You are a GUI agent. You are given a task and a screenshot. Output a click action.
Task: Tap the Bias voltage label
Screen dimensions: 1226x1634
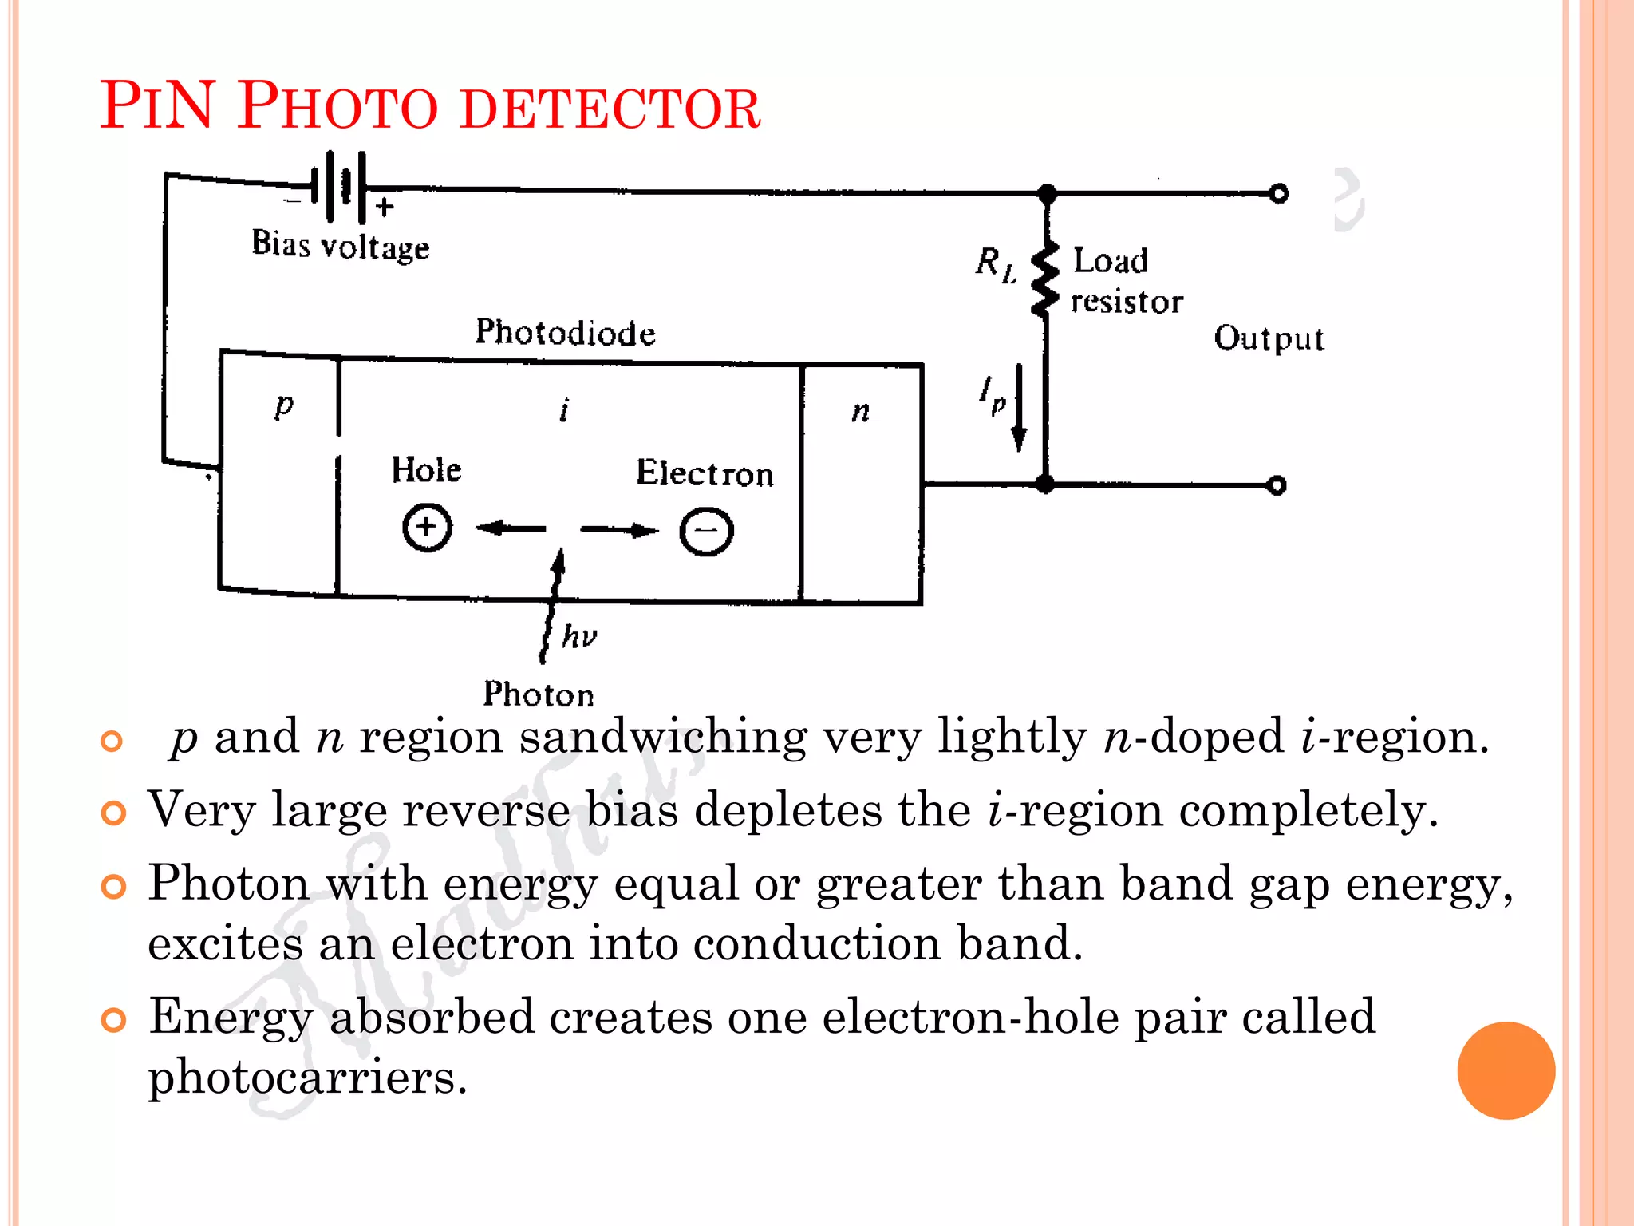(x=341, y=246)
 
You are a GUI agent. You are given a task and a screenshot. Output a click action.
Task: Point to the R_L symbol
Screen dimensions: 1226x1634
(x=996, y=263)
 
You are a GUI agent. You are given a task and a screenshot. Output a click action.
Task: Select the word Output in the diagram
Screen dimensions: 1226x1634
(x=1269, y=338)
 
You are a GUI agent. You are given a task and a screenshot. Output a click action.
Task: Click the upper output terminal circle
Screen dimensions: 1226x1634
(x=1278, y=194)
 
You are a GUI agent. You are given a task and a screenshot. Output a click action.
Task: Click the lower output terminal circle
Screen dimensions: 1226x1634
(x=1277, y=485)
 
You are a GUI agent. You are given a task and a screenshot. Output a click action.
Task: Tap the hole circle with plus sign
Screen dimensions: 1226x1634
(x=427, y=528)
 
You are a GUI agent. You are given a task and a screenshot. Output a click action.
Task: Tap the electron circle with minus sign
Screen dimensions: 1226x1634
(x=706, y=531)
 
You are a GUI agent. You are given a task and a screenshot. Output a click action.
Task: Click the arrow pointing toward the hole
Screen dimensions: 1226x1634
(x=510, y=528)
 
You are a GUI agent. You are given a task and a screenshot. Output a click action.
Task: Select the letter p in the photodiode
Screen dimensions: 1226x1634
(x=284, y=405)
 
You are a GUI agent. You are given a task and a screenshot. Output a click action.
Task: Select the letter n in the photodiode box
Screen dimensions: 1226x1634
(x=860, y=412)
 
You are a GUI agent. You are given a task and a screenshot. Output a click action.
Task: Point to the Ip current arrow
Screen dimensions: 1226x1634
(x=1019, y=407)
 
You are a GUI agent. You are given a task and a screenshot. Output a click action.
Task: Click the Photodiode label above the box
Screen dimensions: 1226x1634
(x=565, y=333)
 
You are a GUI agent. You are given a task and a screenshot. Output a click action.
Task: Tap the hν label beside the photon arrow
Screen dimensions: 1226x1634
(x=579, y=636)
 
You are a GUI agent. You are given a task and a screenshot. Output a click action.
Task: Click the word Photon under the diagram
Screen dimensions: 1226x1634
(x=539, y=694)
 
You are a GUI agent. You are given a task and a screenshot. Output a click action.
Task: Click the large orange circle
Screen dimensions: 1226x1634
(x=1506, y=1070)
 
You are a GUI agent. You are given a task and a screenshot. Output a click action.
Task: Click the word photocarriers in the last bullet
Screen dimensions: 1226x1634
(x=307, y=1078)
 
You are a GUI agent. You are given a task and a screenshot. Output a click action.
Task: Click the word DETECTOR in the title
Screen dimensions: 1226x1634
(x=610, y=109)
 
